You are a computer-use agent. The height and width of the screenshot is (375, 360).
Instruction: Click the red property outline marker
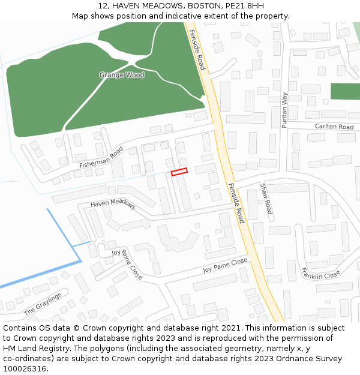click(x=179, y=172)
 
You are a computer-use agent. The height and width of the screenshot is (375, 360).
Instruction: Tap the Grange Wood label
click(x=122, y=75)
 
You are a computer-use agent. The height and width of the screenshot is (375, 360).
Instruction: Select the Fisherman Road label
click(x=101, y=157)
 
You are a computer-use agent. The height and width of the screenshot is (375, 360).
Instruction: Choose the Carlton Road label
click(x=334, y=127)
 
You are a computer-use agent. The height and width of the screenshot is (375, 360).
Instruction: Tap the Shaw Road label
click(x=266, y=199)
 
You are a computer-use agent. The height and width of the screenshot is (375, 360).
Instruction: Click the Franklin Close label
click(x=321, y=274)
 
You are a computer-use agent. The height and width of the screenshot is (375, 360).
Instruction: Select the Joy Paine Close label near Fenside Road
click(x=225, y=265)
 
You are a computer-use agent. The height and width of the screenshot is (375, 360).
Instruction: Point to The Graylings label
click(x=43, y=304)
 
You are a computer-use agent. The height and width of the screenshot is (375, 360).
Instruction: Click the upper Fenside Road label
click(x=197, y=50)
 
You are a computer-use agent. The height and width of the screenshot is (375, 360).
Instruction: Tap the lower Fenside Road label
click(x=236, y=203)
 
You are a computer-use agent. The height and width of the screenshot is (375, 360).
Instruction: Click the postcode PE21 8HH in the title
click(x=244, y=5)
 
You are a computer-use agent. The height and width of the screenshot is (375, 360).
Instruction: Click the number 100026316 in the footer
click(x=25, y=368)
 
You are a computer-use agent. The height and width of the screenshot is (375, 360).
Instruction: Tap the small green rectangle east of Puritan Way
click(x=345, y=92)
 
